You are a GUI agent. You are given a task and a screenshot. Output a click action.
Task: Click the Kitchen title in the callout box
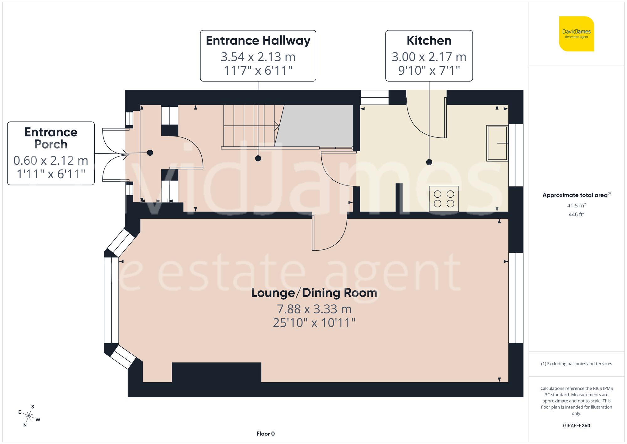[x=429, y=41]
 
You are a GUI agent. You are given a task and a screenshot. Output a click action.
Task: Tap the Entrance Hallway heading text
[x=258, y=41]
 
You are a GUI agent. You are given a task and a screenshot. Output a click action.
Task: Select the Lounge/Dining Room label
[x=314, y=293]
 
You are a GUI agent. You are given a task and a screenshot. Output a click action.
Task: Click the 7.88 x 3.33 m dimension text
[x=314, y=309]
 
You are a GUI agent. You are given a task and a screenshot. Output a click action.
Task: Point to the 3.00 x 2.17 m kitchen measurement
[x=429, y=57]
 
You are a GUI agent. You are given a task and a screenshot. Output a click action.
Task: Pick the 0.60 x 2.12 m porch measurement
[x=51, y=160]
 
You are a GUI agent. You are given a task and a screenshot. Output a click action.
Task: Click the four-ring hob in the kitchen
[x=444, y=199]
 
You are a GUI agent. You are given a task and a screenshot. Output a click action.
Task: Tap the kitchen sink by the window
[x=497, y=143]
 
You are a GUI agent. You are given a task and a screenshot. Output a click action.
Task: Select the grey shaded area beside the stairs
[x=317, y=126]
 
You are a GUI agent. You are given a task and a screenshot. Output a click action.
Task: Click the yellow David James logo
[x=577, y=34]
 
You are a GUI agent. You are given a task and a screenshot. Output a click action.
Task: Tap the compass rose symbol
[x=29, y=416]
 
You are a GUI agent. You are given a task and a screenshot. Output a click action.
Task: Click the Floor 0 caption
[x=266, y=434]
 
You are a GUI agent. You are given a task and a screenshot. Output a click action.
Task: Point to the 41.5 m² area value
[x=576, y=206]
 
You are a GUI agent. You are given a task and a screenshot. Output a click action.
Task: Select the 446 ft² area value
[x=576, y=214]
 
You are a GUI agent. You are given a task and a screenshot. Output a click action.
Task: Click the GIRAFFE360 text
[x=576, y=425]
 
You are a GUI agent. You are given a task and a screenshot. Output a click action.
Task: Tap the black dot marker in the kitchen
[x=429, y=162]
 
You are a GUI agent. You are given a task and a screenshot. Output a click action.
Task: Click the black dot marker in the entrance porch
[x=150, y=153]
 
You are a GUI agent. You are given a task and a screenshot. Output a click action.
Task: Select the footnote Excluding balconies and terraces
[x=576, y=364]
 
